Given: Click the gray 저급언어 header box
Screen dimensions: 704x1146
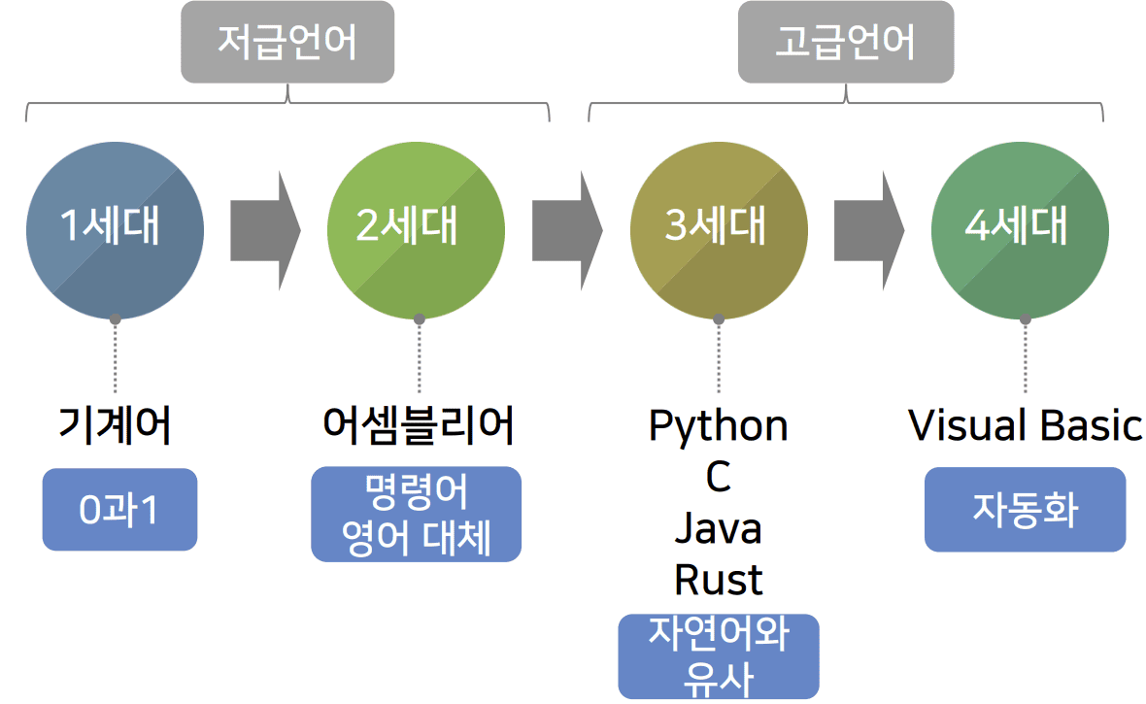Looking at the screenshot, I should pyautogui.click(x=287, y=42).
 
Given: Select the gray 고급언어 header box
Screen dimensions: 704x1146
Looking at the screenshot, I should pyautogui.click(x=845, y=42).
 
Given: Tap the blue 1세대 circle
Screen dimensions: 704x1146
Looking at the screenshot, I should pyautogui.click(x=115, y=230).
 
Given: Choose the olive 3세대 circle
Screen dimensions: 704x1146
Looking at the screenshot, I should pyautogui.click(x=719, y=230).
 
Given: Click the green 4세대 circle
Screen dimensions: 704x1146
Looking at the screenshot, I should pyautogui.click(x=1021, y=230).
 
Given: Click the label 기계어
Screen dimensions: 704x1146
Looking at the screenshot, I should pyautogui.click(x=115, y=425).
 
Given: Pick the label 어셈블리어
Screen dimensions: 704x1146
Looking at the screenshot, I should pyautogui.click(x=418, y=425).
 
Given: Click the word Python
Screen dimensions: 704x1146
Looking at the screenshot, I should pyautogui.click(x=719, y=425).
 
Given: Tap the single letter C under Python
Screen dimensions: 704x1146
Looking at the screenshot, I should pyautogui.click(x=719, y=477).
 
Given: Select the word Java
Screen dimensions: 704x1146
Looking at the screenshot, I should pyautogui.click(x=719, y=528).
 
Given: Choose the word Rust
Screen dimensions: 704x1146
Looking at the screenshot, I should pyautogui.click(x=719, y=580).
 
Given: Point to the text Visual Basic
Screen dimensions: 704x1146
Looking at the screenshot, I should pyautogui.click(x=1026, y=425).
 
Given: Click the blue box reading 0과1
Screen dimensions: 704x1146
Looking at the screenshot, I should pyautogui.click(x=119, y=510).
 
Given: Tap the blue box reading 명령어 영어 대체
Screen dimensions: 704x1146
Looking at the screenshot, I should pyautogui.click(x=417, y=515).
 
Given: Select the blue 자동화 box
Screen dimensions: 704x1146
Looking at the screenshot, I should pyautogui.click(x=1025, y=510).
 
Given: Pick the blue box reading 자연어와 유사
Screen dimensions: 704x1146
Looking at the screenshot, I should pyautogui.click(x=719, y=656).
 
